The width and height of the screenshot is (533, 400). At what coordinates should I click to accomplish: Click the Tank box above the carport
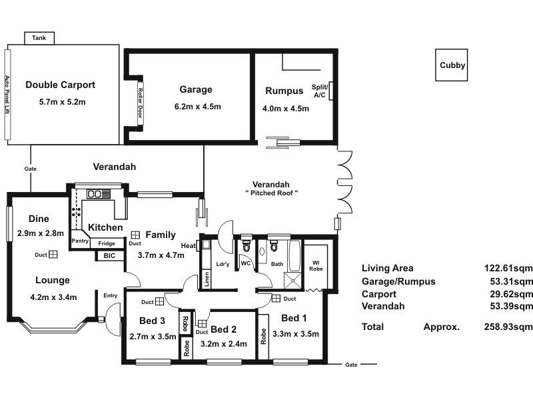click(x=39, y=38)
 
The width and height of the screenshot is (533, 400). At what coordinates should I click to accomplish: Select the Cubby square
click(x=452, y=65)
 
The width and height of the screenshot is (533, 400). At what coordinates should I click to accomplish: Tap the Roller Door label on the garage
click(x=140, y=103)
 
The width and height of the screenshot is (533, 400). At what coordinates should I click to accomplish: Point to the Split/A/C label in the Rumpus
click(x=320, y=91)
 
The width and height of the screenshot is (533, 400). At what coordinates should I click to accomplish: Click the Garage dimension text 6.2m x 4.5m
click(x=197, y=107)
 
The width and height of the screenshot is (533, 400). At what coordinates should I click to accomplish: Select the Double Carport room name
click(x=60, y=85)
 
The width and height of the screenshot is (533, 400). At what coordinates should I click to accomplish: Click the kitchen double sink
click(x=94, y=194)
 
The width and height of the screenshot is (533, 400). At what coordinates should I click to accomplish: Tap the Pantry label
click(x=80, y=241)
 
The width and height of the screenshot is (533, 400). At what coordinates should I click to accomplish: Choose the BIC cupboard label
click(x=109, y=256)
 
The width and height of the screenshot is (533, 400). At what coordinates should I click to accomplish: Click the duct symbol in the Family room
click(x=135, y=235)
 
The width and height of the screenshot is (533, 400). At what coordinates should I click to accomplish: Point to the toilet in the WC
click(x=247, y=245)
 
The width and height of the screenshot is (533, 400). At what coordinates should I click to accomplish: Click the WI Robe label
click(x=316, y=265)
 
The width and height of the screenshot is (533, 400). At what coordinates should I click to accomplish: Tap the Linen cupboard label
click(x=207, y=279)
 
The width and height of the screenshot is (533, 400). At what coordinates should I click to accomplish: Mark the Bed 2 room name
click(x=223, y=329)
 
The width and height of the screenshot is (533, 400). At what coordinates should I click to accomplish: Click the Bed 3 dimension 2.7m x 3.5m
click(x=153, y=337)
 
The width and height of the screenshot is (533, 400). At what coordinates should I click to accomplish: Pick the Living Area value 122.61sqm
click(x=508, y=269)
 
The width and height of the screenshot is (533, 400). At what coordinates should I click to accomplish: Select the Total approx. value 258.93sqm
click(x=508, y=327)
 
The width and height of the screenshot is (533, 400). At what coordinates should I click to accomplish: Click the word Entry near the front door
click(x=111, y=295)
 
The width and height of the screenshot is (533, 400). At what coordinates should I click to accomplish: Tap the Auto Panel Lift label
click(x=7, y=95)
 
